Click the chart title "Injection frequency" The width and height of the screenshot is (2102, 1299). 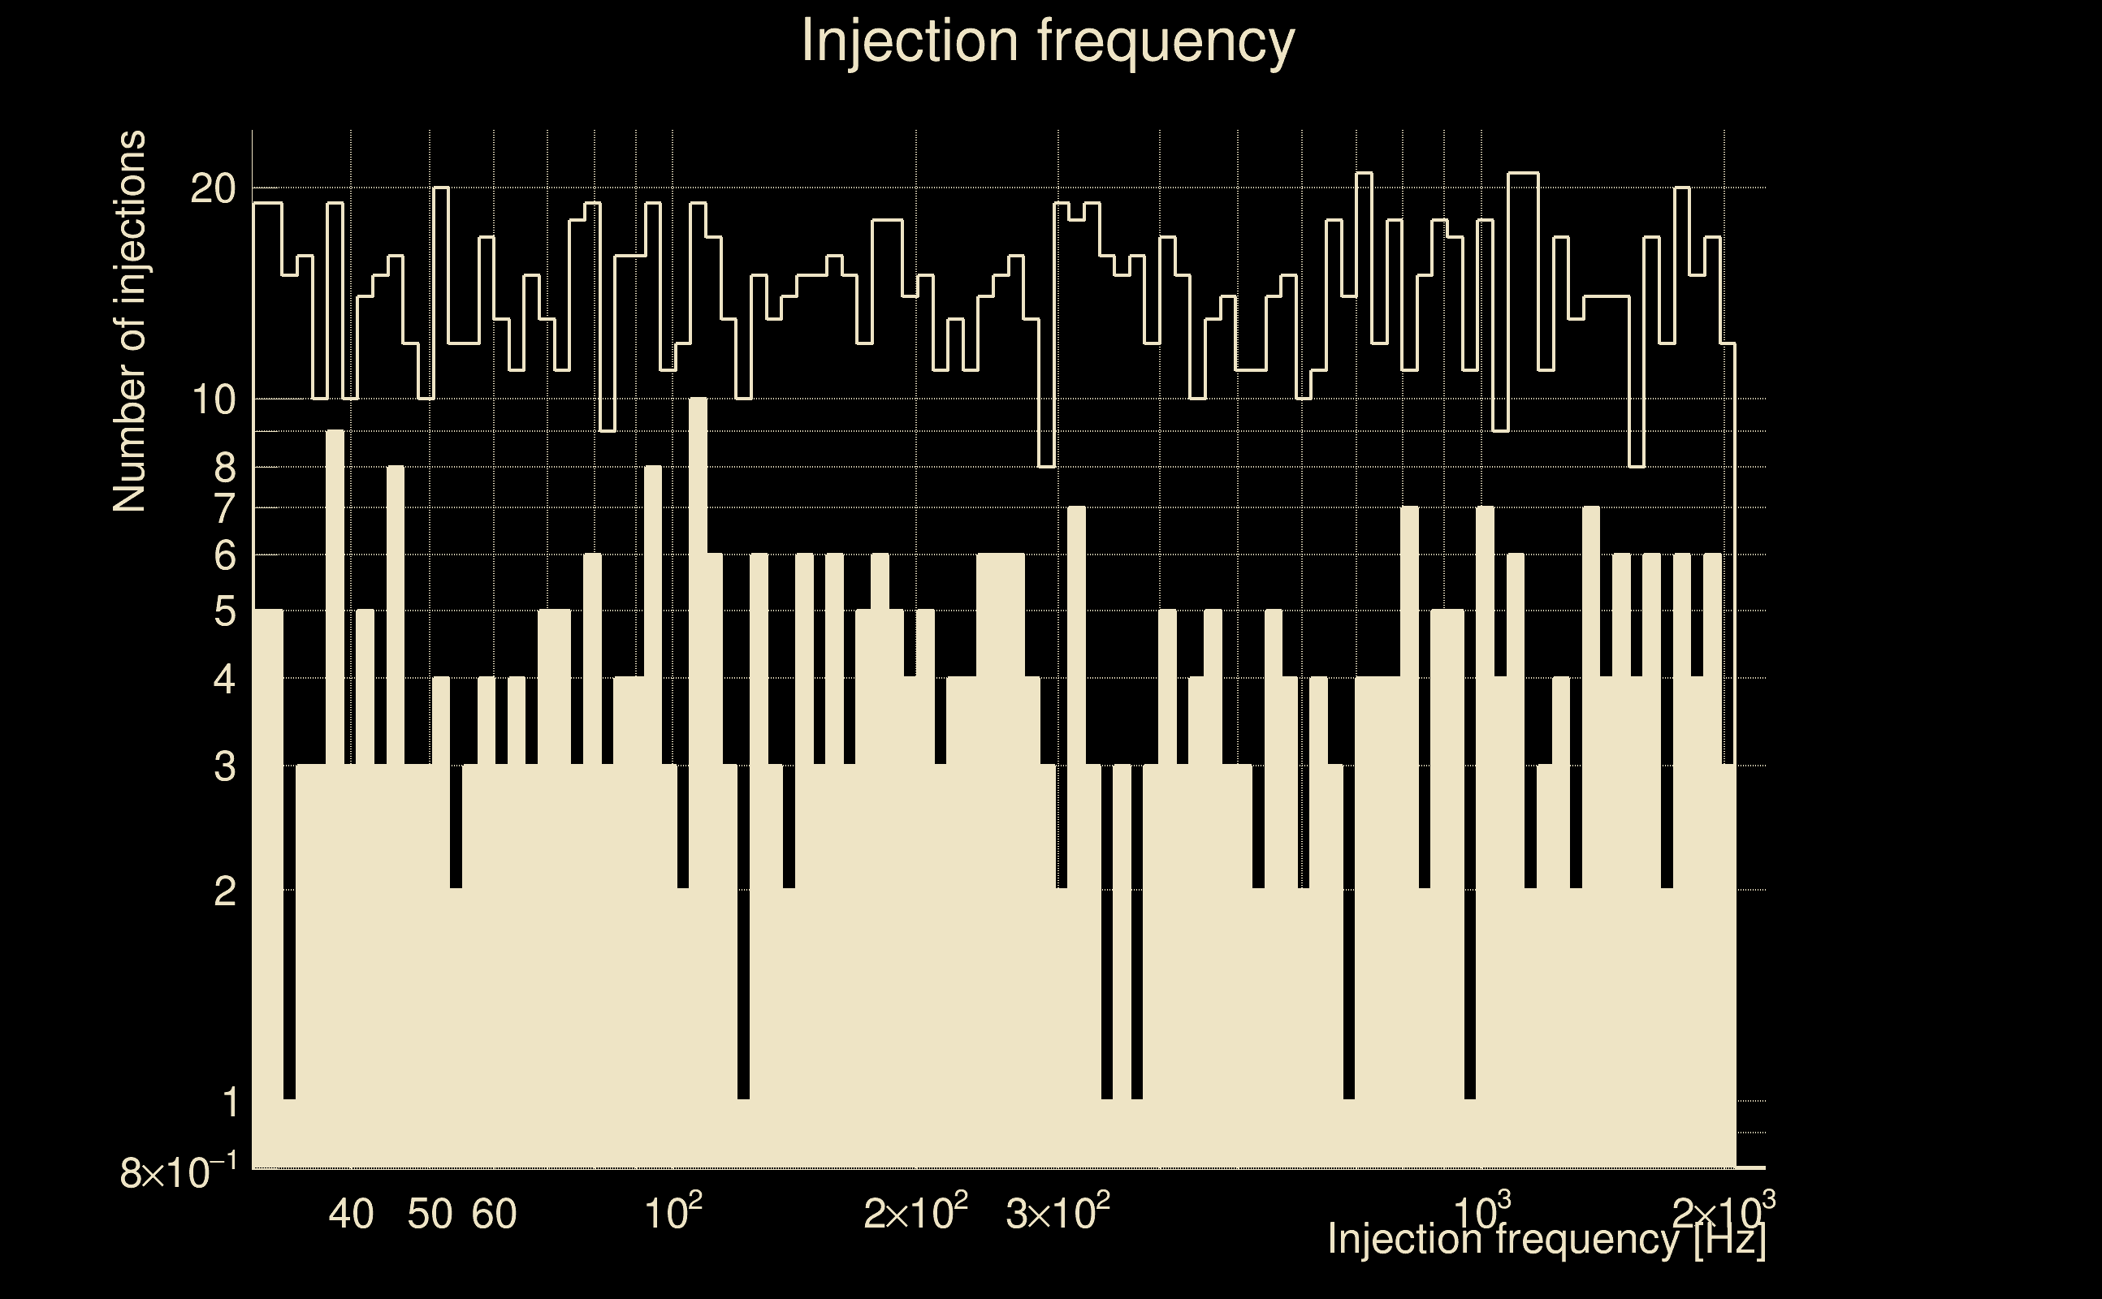pyautogui.click(x=1048, y=41)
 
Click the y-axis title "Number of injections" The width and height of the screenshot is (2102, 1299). pyautogui.click(x=129, y=322)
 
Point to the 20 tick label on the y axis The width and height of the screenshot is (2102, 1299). pyautogui.click(x=212, y=188)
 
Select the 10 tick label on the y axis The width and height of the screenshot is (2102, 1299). pyautogui.click(x=212, y=399)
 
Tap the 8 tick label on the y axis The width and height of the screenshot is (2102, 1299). pyautogui.click(x=224, y=468)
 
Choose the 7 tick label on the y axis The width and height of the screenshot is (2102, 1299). pyautogui.click(x=224, y=508)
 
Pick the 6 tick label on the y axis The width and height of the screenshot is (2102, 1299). pyautogui.click(x=224, y=556)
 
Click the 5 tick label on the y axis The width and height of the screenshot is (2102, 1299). pyautogui.click(x=224, y=611)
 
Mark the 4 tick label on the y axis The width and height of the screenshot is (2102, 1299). pyautogui.click(x=224, y=680)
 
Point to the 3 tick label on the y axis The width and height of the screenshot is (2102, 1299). pyautogui.click(x=224, y=766)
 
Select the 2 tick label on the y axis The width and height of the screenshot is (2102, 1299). pyautogui.click(x=224, y=891)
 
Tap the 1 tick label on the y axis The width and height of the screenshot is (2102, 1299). pyautogui.click(x=228, y=1102)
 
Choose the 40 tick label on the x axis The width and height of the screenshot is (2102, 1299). pyautogui.click(x=352, y=1214)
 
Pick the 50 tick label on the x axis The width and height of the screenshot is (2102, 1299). pyautogui.click(x=430, y=1214)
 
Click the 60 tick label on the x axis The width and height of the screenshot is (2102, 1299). pyautogui.click(x=494, y=1214)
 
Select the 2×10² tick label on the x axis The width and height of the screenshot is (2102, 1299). pyautogui.click(x=915, y=1212)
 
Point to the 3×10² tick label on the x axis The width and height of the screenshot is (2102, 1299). pyautogui.click(x=1057, y=1212)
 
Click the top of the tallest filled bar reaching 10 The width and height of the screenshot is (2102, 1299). pyautogui.click(x=698, y=399)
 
